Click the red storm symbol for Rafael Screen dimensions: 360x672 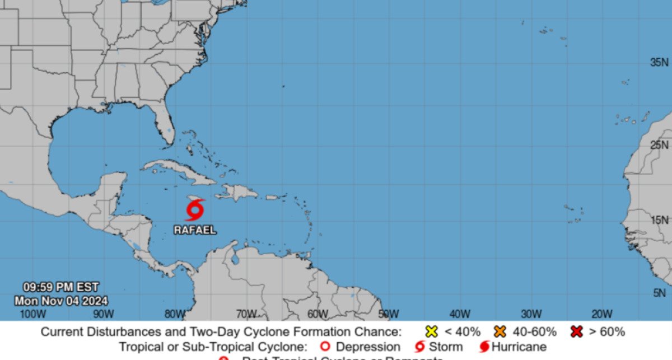click(194, 211)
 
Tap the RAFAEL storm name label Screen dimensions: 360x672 click(194, 230)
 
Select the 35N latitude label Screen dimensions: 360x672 click(659, 62)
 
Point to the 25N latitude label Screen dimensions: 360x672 click(659, 145)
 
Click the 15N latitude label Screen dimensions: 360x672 click(659, 220)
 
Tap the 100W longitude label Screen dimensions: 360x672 click(33, 314)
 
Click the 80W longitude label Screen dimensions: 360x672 click(175, 314)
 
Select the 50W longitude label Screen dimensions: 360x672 click(388, 314)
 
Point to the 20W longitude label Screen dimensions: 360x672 click(601, 314)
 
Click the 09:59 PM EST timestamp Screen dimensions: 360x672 click(60, 288)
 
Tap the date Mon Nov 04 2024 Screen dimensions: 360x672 click(61, 301)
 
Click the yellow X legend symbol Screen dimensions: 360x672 click(431, 331)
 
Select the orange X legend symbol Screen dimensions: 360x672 click(500, 331)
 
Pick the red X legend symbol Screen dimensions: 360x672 click(576, 331)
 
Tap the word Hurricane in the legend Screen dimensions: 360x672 click(519, 347)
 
